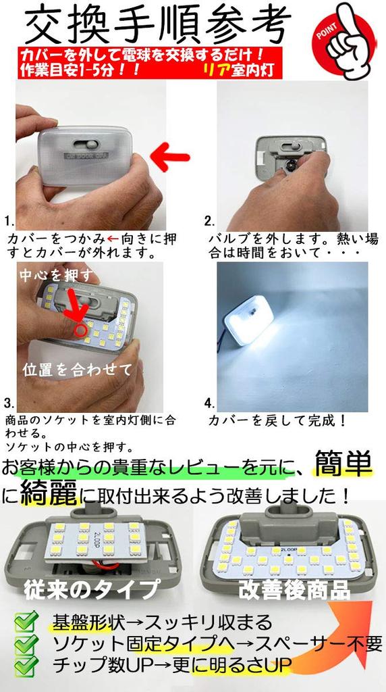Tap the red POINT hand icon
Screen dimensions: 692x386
point(344,39)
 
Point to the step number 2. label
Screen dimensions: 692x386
point(210,221)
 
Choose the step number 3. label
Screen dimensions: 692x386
point(9,403)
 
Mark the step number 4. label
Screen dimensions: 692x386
point(210,403)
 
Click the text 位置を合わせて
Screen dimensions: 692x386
point(77,370)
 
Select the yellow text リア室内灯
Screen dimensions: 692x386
point(239,70)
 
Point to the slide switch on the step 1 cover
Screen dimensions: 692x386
point(88,144)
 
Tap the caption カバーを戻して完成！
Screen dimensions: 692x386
point(277,421)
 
